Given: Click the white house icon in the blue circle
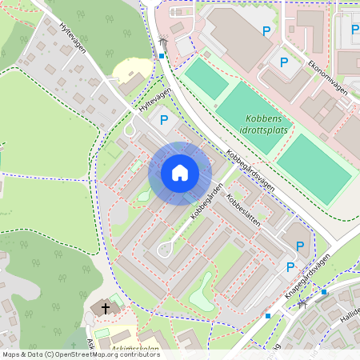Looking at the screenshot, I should pyautogui.click(x=180, y=173).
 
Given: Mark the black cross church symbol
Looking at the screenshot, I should pyautogui.click(x=104, y=308).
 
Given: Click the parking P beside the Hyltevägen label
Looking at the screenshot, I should pyautogui.click(x=164, y=120).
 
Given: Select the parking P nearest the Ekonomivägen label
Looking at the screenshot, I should pyautogui.click(x=282, y=61).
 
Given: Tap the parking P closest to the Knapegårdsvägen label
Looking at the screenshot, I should pyautogui.click(x=291, y=267).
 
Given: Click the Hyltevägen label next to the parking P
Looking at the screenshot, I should pyautogui.click(x=154, y=102).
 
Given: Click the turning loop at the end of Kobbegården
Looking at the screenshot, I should pyautogui.click(x=166, y=249).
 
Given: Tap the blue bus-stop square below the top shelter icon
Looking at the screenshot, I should pyautogui.click(x=161, y=56).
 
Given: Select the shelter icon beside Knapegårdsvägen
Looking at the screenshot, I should pyautogui.click(x=302, y=304).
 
